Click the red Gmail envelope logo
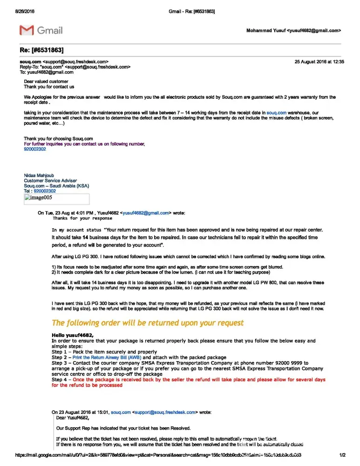point(27,30)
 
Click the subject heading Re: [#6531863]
point(41,50)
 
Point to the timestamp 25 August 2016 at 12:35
point(319,62)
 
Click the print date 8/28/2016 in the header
point(25,11)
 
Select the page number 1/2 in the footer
point(342,455)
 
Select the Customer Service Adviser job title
point(50,181)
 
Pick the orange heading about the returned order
point(147,323)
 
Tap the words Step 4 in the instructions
point(60,380)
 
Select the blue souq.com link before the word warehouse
point(276,113)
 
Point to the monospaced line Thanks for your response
point(82,218)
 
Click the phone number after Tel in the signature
point(45,191)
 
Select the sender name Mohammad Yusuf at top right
point(266,31)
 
